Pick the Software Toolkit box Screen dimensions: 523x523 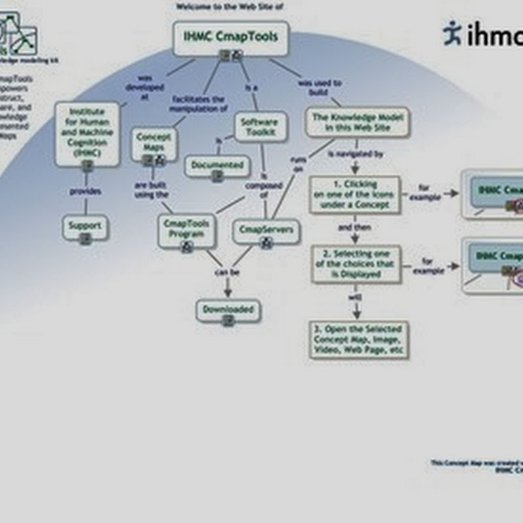point(260,126)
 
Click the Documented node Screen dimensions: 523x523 point(217,166)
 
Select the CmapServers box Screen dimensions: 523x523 point(266,231)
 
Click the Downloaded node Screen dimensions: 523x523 point(228,311)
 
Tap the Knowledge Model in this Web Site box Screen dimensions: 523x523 point(358,122)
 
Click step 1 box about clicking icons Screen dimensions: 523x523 point(354,194)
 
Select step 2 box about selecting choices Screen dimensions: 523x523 point(356,263)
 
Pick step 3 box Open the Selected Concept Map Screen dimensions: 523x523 point(359,338)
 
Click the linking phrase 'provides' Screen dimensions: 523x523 point(86,192)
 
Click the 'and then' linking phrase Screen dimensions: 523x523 point(354,228)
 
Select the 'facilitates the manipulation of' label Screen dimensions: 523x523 point(199,103)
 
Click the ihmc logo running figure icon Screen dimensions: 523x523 point(452,33)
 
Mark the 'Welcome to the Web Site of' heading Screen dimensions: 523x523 point(224,7)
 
